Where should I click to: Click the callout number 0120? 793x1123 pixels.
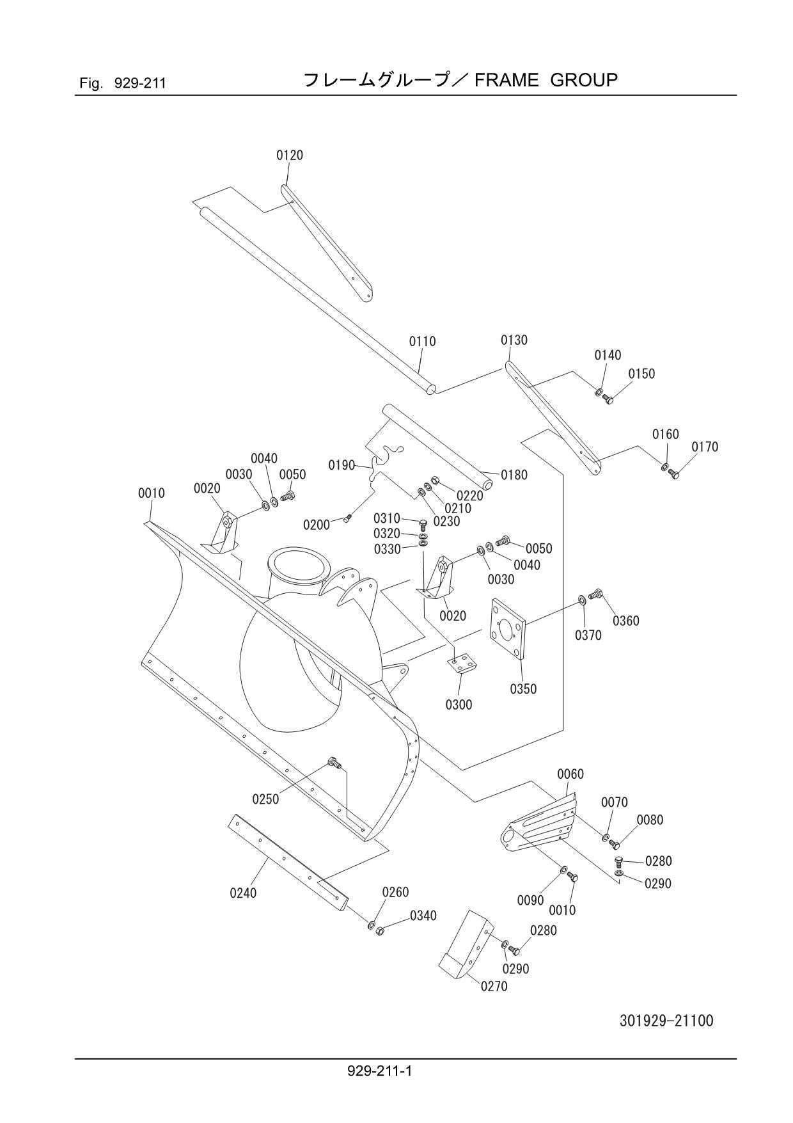click(289, 155)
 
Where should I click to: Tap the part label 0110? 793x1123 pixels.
click(422, 342)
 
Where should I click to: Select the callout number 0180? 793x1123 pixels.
click(514, 475)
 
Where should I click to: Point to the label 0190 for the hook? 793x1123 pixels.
click(342, 465)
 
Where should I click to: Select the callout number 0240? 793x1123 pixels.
click(243, 893)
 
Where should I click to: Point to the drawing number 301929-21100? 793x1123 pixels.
click(666, 1020)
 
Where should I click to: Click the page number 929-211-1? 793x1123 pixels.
click(380, 1070)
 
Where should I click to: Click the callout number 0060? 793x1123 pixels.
click(570, 774)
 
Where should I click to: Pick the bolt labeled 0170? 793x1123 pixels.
click(673, 473)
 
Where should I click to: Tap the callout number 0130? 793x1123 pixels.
click(514, 340)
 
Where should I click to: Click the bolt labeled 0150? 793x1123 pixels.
click(608, 400)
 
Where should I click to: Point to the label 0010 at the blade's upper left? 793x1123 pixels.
click(151, 493)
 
